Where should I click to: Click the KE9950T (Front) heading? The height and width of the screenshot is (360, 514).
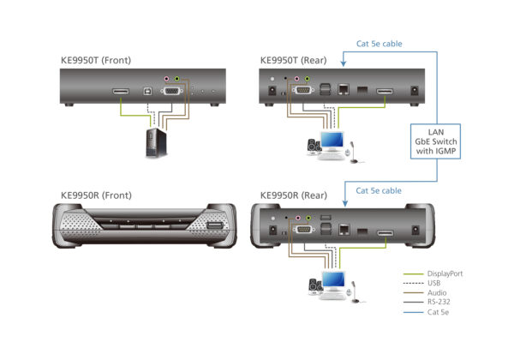97,61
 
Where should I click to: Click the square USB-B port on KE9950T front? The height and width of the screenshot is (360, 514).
148,88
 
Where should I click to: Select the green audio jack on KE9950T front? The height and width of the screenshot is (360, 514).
176,79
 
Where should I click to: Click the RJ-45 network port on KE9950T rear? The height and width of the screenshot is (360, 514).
343,87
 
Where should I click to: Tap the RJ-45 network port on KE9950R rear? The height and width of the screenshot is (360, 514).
343,229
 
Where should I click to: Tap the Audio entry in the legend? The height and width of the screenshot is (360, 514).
434,293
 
